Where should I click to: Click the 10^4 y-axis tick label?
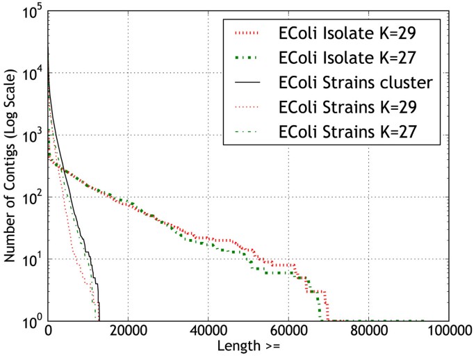(32, 74)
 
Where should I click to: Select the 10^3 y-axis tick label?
(32, 136)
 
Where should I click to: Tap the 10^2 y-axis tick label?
(32, 197)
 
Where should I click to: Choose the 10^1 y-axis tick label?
(32, 259)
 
